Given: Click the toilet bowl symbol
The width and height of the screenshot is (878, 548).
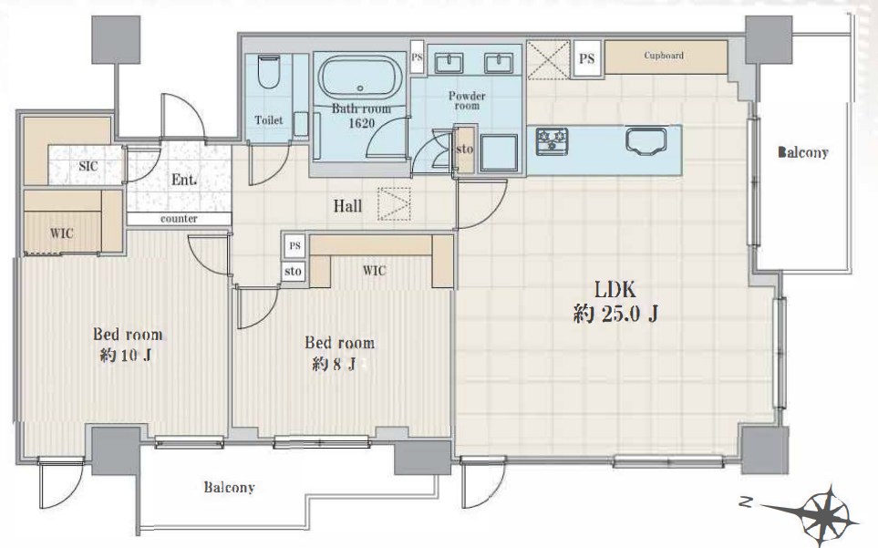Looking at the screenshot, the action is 269,72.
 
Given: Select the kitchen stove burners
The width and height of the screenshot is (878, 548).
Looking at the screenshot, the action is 553,140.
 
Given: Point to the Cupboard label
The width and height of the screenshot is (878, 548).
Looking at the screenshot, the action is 664,56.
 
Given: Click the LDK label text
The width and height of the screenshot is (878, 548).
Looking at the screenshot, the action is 615,289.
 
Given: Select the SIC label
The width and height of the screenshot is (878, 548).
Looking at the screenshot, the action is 88,166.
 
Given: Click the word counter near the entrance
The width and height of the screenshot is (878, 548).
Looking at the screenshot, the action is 179,219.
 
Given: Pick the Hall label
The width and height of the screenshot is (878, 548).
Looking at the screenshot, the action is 347,206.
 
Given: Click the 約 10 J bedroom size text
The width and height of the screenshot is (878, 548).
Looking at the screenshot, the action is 126,356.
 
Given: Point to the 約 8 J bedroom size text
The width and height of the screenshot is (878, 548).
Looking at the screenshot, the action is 335,365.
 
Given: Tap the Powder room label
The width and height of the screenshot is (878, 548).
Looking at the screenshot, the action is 467,101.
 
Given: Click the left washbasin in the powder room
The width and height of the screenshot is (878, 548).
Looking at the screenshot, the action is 449,63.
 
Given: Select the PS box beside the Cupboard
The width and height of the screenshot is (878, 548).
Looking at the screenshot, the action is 587,58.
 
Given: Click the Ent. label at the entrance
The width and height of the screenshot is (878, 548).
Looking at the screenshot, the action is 184,180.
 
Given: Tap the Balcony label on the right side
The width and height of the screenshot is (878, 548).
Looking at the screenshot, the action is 803,152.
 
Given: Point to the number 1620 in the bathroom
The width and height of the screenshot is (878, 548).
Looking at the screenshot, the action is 361,122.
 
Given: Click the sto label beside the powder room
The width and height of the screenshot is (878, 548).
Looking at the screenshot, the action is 465,150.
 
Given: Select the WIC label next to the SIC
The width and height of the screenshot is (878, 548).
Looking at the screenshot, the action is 62,233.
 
